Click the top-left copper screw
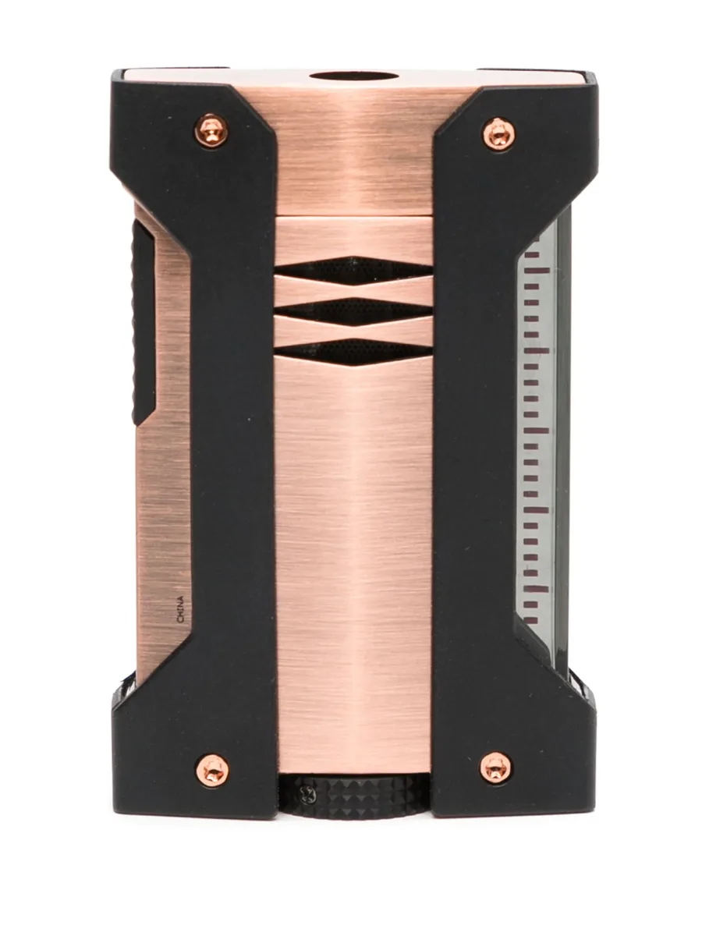coord(211,131)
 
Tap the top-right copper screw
coord(498,134)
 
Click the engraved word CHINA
coord(181,609)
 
